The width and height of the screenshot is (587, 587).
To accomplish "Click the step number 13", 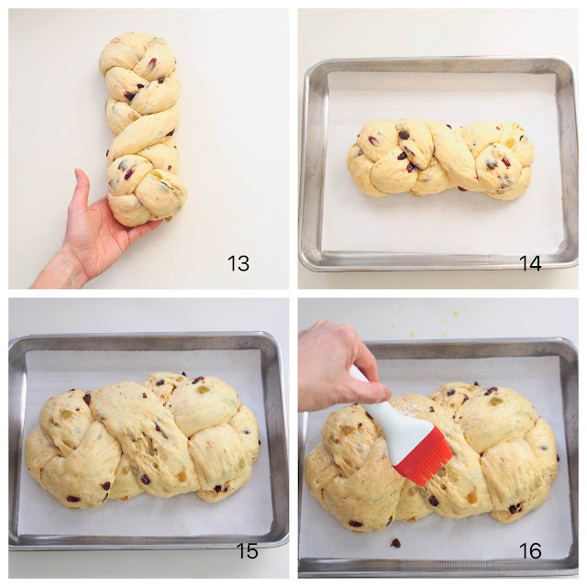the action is tap(238, 263).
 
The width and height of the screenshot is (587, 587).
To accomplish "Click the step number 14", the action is tap(530, 263).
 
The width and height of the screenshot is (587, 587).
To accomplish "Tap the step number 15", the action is tap(247, 550).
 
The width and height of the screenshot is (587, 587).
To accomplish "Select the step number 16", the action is tap(530, 550).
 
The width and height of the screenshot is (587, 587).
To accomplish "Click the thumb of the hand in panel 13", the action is tap(83, 187).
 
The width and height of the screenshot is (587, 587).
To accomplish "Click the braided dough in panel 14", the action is tap(440, 159).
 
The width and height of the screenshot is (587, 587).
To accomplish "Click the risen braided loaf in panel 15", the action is tap(142, 440).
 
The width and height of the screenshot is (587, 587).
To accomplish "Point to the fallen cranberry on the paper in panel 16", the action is tap(395, 543).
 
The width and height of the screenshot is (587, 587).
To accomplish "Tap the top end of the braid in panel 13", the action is tap(137, 35).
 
